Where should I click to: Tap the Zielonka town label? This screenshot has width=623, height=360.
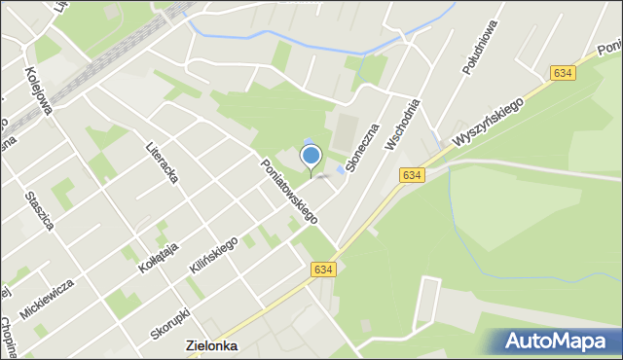point(212,345)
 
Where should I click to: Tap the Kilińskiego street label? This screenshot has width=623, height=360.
point(214,256)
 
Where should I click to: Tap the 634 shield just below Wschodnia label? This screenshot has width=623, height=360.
point(412,174)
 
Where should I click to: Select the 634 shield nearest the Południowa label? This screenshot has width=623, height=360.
point(562,73)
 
